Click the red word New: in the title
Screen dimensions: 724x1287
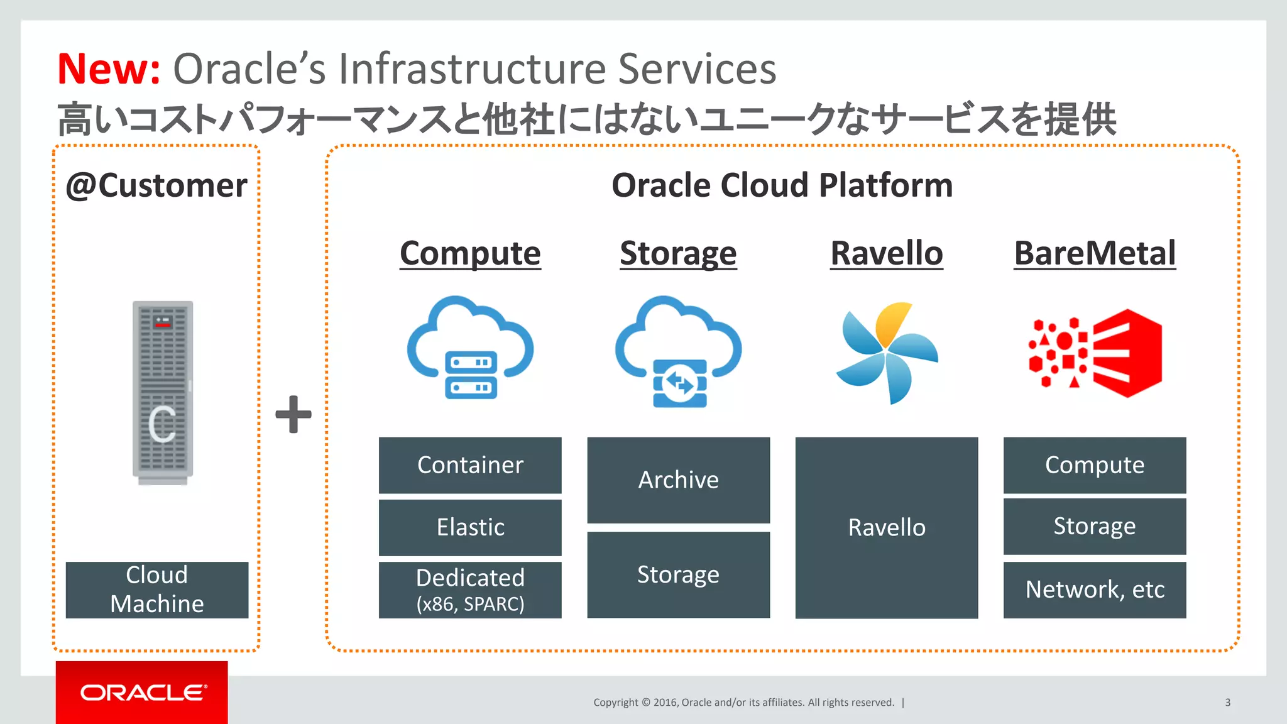tap(108, 69)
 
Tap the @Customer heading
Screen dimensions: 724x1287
tap(156, 185)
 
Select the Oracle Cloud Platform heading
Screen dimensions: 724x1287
tap(782, 185)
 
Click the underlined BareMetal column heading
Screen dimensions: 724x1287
tap(1094, 253)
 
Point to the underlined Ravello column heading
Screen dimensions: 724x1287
tap(886, 253)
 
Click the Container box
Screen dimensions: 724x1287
tap(470, 465)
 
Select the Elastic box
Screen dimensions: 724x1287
tap(470, 527)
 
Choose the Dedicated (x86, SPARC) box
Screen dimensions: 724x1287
tap(470, 590)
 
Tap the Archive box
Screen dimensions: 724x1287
tap(678, 480)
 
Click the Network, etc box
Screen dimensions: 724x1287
tap(1094, 590)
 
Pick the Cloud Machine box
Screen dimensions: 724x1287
tap(157, 590)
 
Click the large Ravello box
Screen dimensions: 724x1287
tap(886, 527)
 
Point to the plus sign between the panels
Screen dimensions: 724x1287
tap(293, 414)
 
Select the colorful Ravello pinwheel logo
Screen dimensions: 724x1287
tap(887, 353)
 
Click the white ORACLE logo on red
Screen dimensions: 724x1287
tap(143, 693)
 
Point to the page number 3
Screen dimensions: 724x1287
tap(1227, 703)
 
